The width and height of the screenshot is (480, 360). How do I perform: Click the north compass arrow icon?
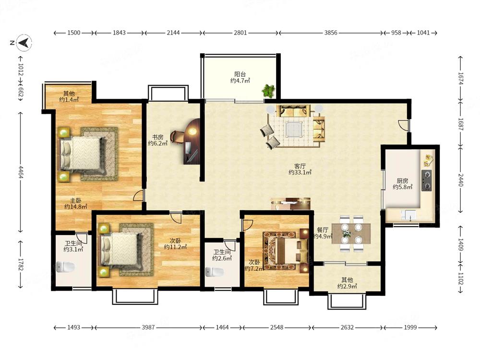(x=24, y=43)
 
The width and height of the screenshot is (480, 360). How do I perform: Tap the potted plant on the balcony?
(x=268, y=91)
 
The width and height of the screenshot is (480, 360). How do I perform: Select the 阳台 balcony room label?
(x=240, y=74)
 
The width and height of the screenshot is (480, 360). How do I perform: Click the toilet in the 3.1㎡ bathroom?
(x=65, y=267)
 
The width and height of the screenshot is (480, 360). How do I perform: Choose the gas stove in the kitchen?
(x=426, y=180)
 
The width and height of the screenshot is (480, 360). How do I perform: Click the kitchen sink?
(x=408, y=215)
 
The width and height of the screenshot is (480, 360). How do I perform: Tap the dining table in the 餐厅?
(x=351, y=234)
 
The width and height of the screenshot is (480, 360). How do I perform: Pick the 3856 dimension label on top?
(x=331, y=33)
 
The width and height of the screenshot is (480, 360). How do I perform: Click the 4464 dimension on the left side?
(x=21, y=172)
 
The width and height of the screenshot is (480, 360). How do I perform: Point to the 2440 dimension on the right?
(x=461, y=180)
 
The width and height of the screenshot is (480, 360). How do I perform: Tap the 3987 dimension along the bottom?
(x=148, y=327)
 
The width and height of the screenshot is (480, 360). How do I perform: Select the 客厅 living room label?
(x=300, y=166)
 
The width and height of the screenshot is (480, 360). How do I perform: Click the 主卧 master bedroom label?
(x=76, y=201)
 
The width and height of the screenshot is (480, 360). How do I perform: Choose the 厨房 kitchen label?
(x=403, y=181)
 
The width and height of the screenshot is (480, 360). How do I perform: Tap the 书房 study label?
(x=157, y=137)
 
